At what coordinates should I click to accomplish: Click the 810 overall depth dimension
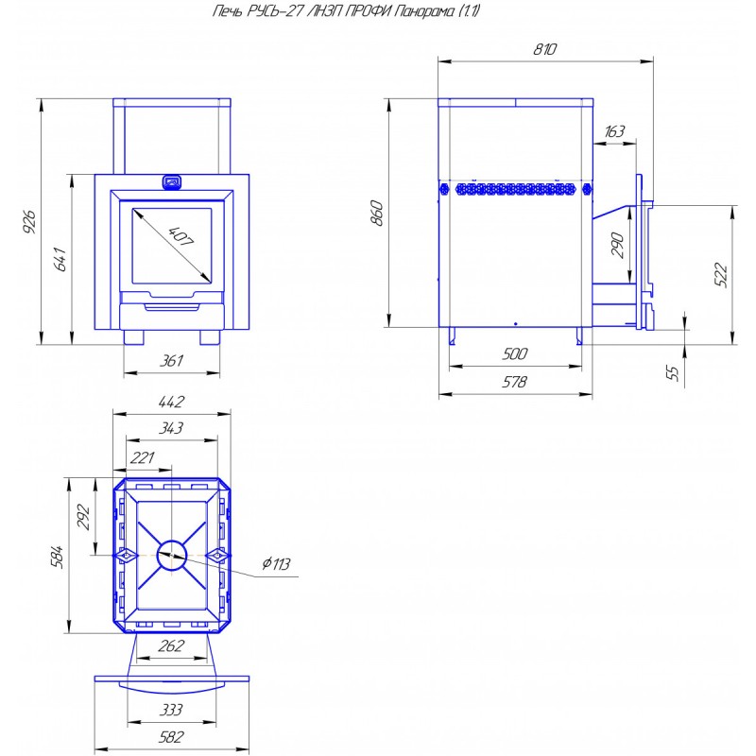(x=545, y=49)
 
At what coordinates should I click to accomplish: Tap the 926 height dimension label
(x=29, y=221)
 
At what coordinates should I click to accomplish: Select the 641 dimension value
(x=60, y=259)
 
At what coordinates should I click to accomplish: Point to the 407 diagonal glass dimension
(x=180, y=236)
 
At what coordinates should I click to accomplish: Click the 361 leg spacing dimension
(x=172, y=361)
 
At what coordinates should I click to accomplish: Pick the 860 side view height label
(x=377, y=214)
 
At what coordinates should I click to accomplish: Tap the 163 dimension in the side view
(x=613, y=131)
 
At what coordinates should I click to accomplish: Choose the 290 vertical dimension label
(x=618, y=245)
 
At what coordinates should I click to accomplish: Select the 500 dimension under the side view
(x=514, y=353)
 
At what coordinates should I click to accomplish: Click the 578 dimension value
(x=514, y=382)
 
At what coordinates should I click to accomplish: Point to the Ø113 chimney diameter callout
(x=277, y=563)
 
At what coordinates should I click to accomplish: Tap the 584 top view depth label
(x=57, y=557)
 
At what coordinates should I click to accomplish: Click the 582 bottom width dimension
(x=171, y=737)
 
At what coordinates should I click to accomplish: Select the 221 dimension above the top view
(x=143, y=457)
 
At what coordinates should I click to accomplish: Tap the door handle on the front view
(x=172, y=181)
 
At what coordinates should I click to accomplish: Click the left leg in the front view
(x=133, y=337)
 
